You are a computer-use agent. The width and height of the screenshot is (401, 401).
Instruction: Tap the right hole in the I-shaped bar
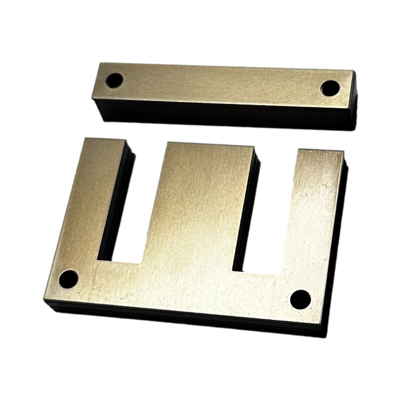tap(329, 88)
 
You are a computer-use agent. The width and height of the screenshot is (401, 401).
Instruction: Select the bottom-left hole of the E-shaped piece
tap(68, 279)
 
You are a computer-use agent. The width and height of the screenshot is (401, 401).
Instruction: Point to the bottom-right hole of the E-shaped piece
tap(300, 299)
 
